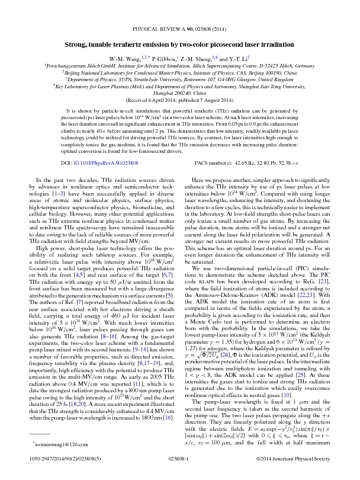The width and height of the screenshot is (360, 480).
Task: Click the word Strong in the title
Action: tap(78, 44)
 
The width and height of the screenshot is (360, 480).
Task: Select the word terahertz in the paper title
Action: tap(130, 44)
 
